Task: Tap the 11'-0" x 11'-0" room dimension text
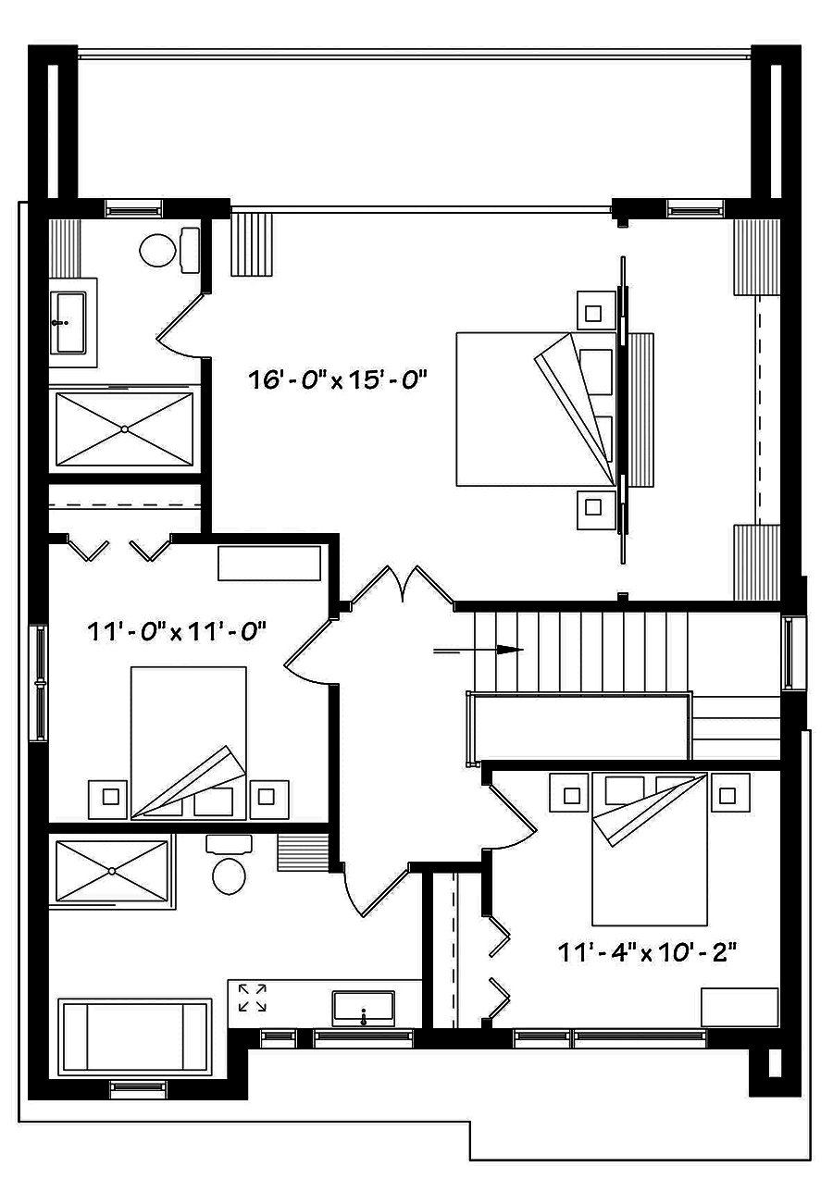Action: [x=177, y=632]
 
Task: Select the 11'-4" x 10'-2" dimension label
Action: [x=647, y=951]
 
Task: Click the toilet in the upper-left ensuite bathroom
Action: [x=159, y=249]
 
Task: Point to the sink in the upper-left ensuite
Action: [x=70, y=322]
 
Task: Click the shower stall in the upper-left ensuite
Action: [x=125, y=428]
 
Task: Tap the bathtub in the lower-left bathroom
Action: [x=135, y=1036]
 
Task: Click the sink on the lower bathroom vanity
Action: [x=363, y=1007]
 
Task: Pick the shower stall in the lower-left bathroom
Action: [x=112, y=870]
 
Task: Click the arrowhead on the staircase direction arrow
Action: [x=507, y=650]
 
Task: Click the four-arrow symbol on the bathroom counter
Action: [x=252, y=998]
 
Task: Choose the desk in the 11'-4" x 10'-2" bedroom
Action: [x=739, y=1006]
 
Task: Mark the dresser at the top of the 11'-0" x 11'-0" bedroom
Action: [x=269, y=564]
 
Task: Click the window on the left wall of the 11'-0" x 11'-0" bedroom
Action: [x=39, y=683]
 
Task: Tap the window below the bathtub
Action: [x=138, y=1089]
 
